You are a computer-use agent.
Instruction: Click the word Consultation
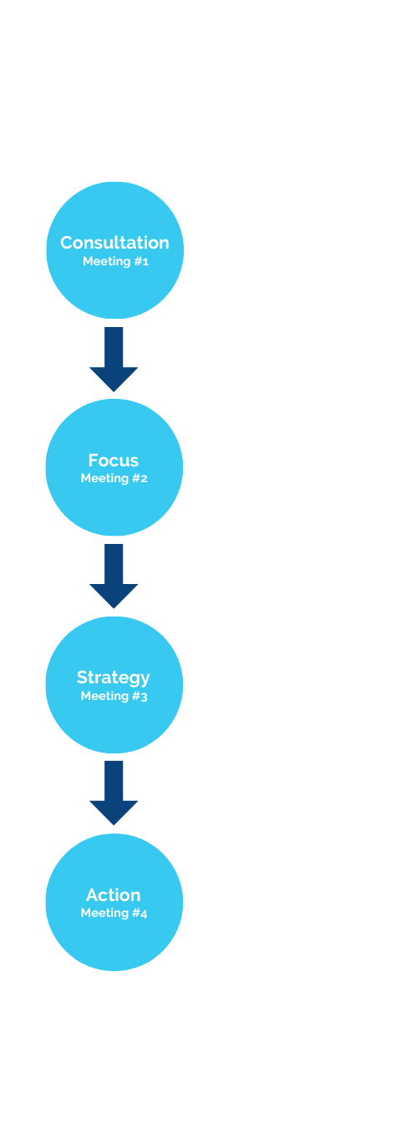(114, 243)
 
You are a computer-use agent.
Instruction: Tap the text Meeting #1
(115, 261)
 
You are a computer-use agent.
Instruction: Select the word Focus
(114, 461)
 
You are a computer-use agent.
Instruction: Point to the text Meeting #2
(114, 479)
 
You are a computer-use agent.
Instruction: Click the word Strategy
(114, 678)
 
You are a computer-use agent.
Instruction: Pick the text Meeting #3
(114, 696)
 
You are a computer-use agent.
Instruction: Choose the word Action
(114, 894)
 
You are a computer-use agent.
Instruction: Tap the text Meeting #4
(114, 913)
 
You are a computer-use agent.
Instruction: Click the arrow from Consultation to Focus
(114, 360)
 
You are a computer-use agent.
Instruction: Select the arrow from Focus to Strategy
(114, 577)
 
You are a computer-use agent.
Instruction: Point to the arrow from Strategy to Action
(114, 793)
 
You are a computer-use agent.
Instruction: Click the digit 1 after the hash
(145, 262)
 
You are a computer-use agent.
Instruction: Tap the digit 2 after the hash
(144, 479)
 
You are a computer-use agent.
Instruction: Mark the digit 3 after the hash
(144, 697)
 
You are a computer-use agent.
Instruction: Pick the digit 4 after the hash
(144, 914)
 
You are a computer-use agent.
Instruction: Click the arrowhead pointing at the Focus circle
(114, 379)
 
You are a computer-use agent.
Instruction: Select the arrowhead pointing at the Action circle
(114, 813)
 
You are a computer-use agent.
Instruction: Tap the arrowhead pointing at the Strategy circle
(114, 596)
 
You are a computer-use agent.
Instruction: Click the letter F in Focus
(94, 461)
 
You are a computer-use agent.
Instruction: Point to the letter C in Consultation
(67, 243)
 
